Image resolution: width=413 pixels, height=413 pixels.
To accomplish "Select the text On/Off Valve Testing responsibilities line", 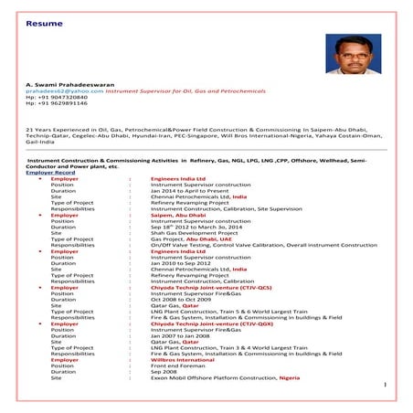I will click(247, 245).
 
